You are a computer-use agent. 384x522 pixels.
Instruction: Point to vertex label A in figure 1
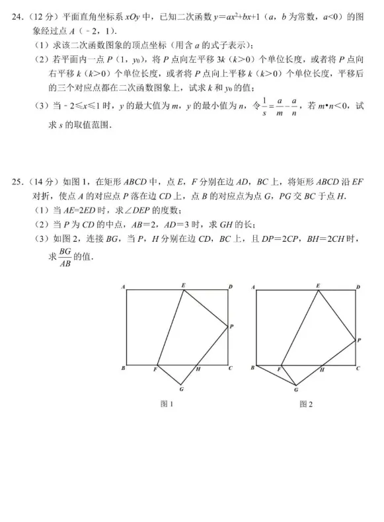tap(124, 287)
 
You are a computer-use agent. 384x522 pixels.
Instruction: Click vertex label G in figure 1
tap(181, 390)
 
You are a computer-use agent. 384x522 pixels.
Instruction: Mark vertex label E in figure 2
tap(318, 285)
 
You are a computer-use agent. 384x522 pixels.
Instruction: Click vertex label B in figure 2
tap(252, 368)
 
